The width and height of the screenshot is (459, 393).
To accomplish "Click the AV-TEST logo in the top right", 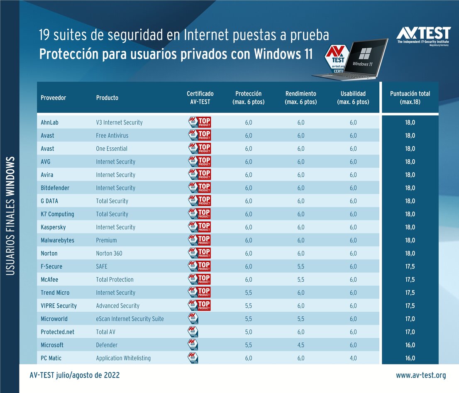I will click(423, 36).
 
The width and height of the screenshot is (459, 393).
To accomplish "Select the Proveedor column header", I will click(53, 98).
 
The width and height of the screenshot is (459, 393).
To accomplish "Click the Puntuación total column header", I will click(410, 98).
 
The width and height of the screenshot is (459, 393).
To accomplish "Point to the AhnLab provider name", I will click(50, 122).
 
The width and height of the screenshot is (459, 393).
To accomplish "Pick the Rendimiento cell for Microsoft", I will click(300, 345).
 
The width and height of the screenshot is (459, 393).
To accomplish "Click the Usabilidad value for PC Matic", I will click(353, 358).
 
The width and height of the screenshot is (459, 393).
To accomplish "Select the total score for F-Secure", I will click(410, 266).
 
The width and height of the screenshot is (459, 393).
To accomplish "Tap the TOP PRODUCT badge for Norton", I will click(199, 253).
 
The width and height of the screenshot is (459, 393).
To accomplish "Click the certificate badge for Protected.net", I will click(193, 332).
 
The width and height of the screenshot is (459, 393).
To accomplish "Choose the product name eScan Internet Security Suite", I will click(130, 319).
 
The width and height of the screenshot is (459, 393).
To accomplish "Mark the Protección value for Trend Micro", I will click(248, 293).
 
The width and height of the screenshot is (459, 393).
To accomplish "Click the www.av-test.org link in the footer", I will click(421, 375).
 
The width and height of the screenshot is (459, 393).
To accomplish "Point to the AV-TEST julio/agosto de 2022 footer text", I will click(75, 375).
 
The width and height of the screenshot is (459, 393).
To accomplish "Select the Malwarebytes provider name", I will click(58, 240).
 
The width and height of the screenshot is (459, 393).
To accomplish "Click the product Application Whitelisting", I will click(123, 358).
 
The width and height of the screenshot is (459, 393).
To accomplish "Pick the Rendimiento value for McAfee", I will click(300, 280).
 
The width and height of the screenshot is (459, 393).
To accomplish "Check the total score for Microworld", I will click(410, 319).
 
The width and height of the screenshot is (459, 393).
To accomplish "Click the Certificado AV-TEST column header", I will click(200, 98).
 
